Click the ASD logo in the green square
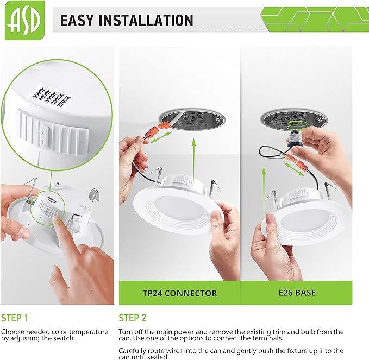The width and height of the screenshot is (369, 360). coord(24,20)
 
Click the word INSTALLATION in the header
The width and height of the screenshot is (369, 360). coord(146,20)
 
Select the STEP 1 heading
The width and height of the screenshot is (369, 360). coord(15,318)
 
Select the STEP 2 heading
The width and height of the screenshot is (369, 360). coord(132,318)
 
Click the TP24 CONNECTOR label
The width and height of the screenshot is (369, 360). coord(180,293)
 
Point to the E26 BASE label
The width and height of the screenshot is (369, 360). coord(297,293)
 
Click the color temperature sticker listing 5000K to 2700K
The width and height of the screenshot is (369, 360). coord(52,97)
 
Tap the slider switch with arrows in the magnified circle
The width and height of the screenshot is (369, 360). coord(44,136)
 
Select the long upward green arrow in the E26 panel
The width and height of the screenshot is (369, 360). coord(264,188)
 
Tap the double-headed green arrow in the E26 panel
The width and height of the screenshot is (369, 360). coord(293,169)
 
